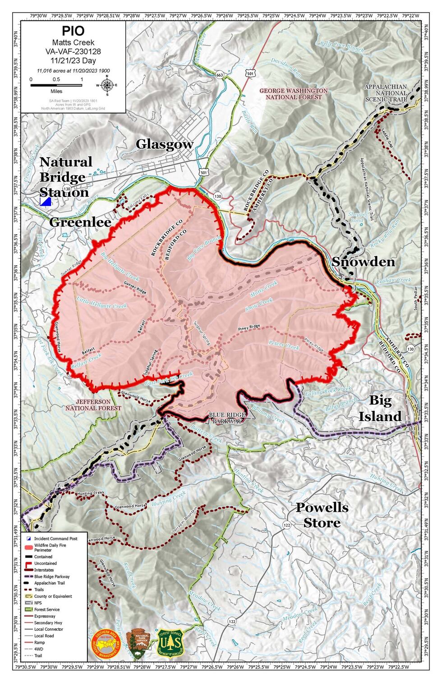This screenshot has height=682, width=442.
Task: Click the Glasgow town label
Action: click(x=165, y=144)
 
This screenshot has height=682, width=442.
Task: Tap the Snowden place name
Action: click(x=363, y=262)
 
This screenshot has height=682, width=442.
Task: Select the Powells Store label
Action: click(x=322, y=515)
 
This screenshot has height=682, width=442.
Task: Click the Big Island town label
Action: click(x=380, y=408)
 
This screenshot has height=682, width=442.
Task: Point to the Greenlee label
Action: click(x=80, y=222)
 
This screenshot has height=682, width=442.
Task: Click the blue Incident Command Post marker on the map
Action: click(x=46, y=201)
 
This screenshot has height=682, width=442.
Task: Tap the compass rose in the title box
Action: click(x=107, y=85)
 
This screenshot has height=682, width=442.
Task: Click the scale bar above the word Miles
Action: click(x=56, y=84)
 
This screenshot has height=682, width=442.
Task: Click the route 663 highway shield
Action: click(x=219, y=74)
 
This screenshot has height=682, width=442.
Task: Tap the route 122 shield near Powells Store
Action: click(x=287, y=525)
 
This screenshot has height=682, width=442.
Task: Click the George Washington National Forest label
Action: click(x=293, y=94)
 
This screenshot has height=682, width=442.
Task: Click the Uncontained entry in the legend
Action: click(x=45, y=563)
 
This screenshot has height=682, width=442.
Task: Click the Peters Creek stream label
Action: click(x=283, y=345)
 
